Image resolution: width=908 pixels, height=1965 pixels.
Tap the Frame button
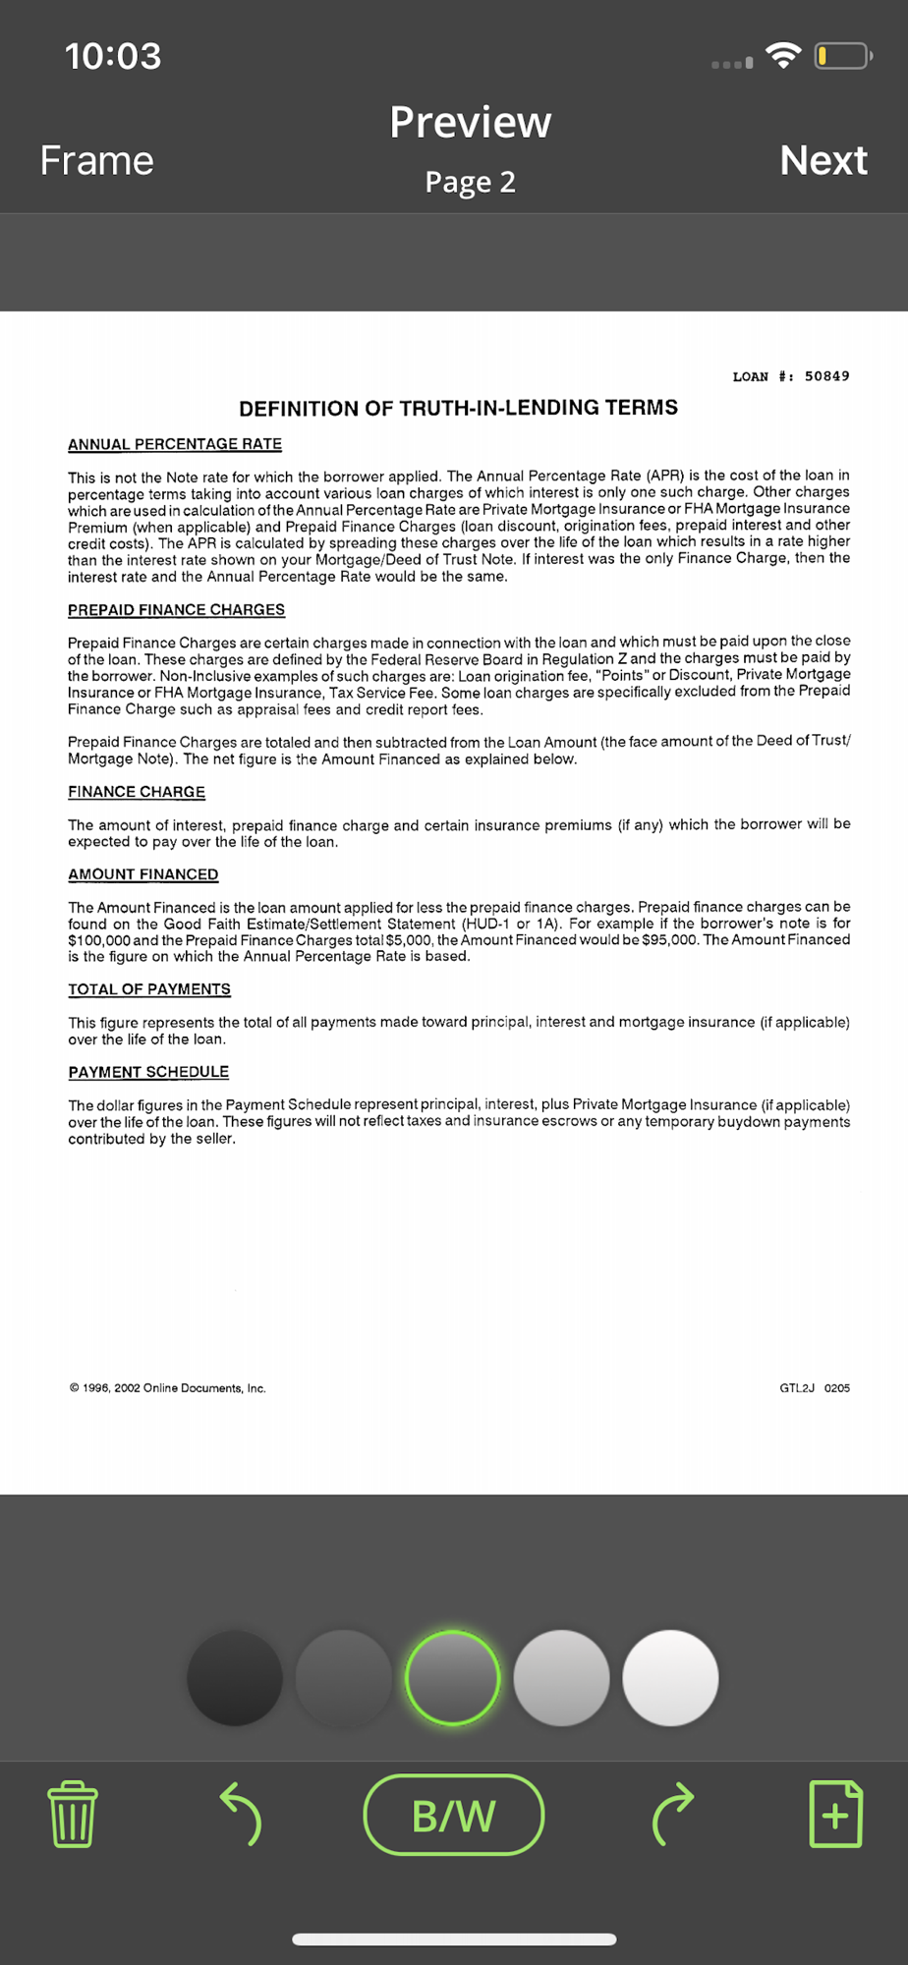96,160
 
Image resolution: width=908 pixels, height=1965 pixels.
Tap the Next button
823,160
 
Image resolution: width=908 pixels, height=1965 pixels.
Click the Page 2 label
470,182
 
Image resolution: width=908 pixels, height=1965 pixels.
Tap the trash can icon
73,1814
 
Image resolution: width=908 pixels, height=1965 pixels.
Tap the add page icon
835,1814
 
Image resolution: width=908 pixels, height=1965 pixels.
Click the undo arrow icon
241,1814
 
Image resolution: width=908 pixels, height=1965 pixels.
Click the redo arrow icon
673,1814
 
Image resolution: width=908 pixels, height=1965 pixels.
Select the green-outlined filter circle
452,1677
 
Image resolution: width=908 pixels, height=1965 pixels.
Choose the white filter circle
670,1677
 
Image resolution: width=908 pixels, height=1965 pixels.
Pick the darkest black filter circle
235,1677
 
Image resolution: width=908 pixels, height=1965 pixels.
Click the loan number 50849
826,376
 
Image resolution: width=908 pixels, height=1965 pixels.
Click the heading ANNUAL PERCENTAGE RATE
175,444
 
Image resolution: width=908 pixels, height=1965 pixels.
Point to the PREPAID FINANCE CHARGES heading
176,610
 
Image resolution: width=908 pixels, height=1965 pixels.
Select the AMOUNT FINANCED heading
143,874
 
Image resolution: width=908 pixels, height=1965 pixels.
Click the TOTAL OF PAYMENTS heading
149,989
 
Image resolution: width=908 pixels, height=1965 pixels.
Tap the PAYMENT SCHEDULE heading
148,1072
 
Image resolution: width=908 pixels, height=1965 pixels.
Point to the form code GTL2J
797,1388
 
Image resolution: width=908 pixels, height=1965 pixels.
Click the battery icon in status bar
842,56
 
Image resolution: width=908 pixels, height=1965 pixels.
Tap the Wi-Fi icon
783,56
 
